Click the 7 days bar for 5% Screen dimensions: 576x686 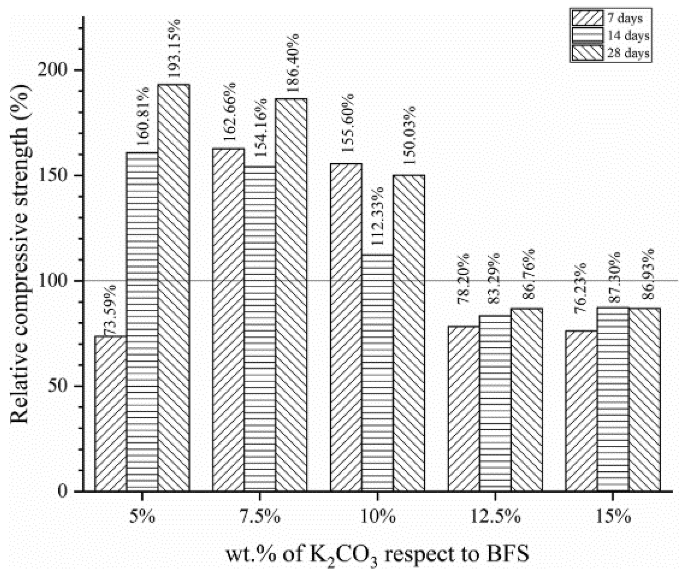[110, 413]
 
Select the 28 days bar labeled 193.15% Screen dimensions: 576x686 [174, 287]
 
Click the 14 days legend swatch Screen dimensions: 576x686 [587, 35]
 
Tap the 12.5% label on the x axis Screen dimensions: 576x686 [495, 517]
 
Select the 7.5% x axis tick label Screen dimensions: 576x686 [260, 517]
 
